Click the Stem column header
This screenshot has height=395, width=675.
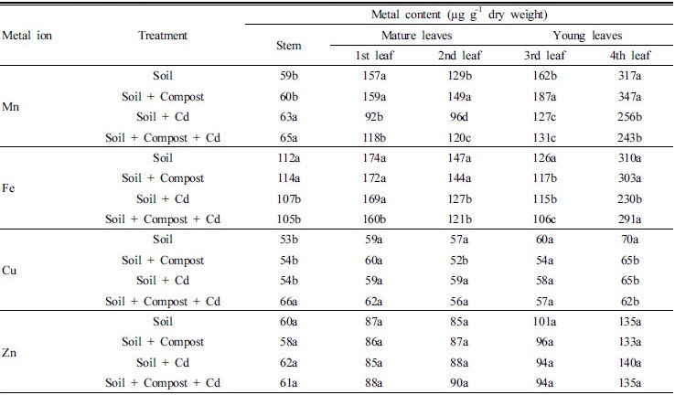click(289, 46)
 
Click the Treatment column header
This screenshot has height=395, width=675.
click(163, 36)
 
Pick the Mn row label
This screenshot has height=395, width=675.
click(12, 107)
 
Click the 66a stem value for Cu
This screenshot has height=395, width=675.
click(289, 301)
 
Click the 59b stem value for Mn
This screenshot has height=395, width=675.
click(289, 77)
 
